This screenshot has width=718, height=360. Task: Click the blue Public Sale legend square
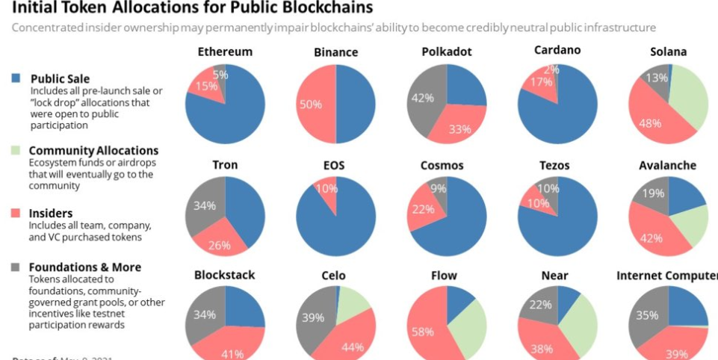[16, 79]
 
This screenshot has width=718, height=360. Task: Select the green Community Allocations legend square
[16, 151]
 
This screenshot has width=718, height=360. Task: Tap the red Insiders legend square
[16, 213]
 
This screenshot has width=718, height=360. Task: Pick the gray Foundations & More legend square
[16, 267]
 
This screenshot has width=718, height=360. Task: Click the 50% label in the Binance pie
[310, 105]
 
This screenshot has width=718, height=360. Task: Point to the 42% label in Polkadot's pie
[423, 97]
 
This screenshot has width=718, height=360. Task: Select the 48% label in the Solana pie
[650, 123]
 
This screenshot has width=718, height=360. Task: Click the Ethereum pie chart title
[225, 52]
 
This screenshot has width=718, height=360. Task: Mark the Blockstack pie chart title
[224, 275]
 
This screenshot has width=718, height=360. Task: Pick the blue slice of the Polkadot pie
[464, 86]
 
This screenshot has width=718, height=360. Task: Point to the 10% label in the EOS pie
[326, 189]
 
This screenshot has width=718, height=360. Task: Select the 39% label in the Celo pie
[312, 318]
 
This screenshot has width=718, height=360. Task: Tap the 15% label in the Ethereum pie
[202, 86]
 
